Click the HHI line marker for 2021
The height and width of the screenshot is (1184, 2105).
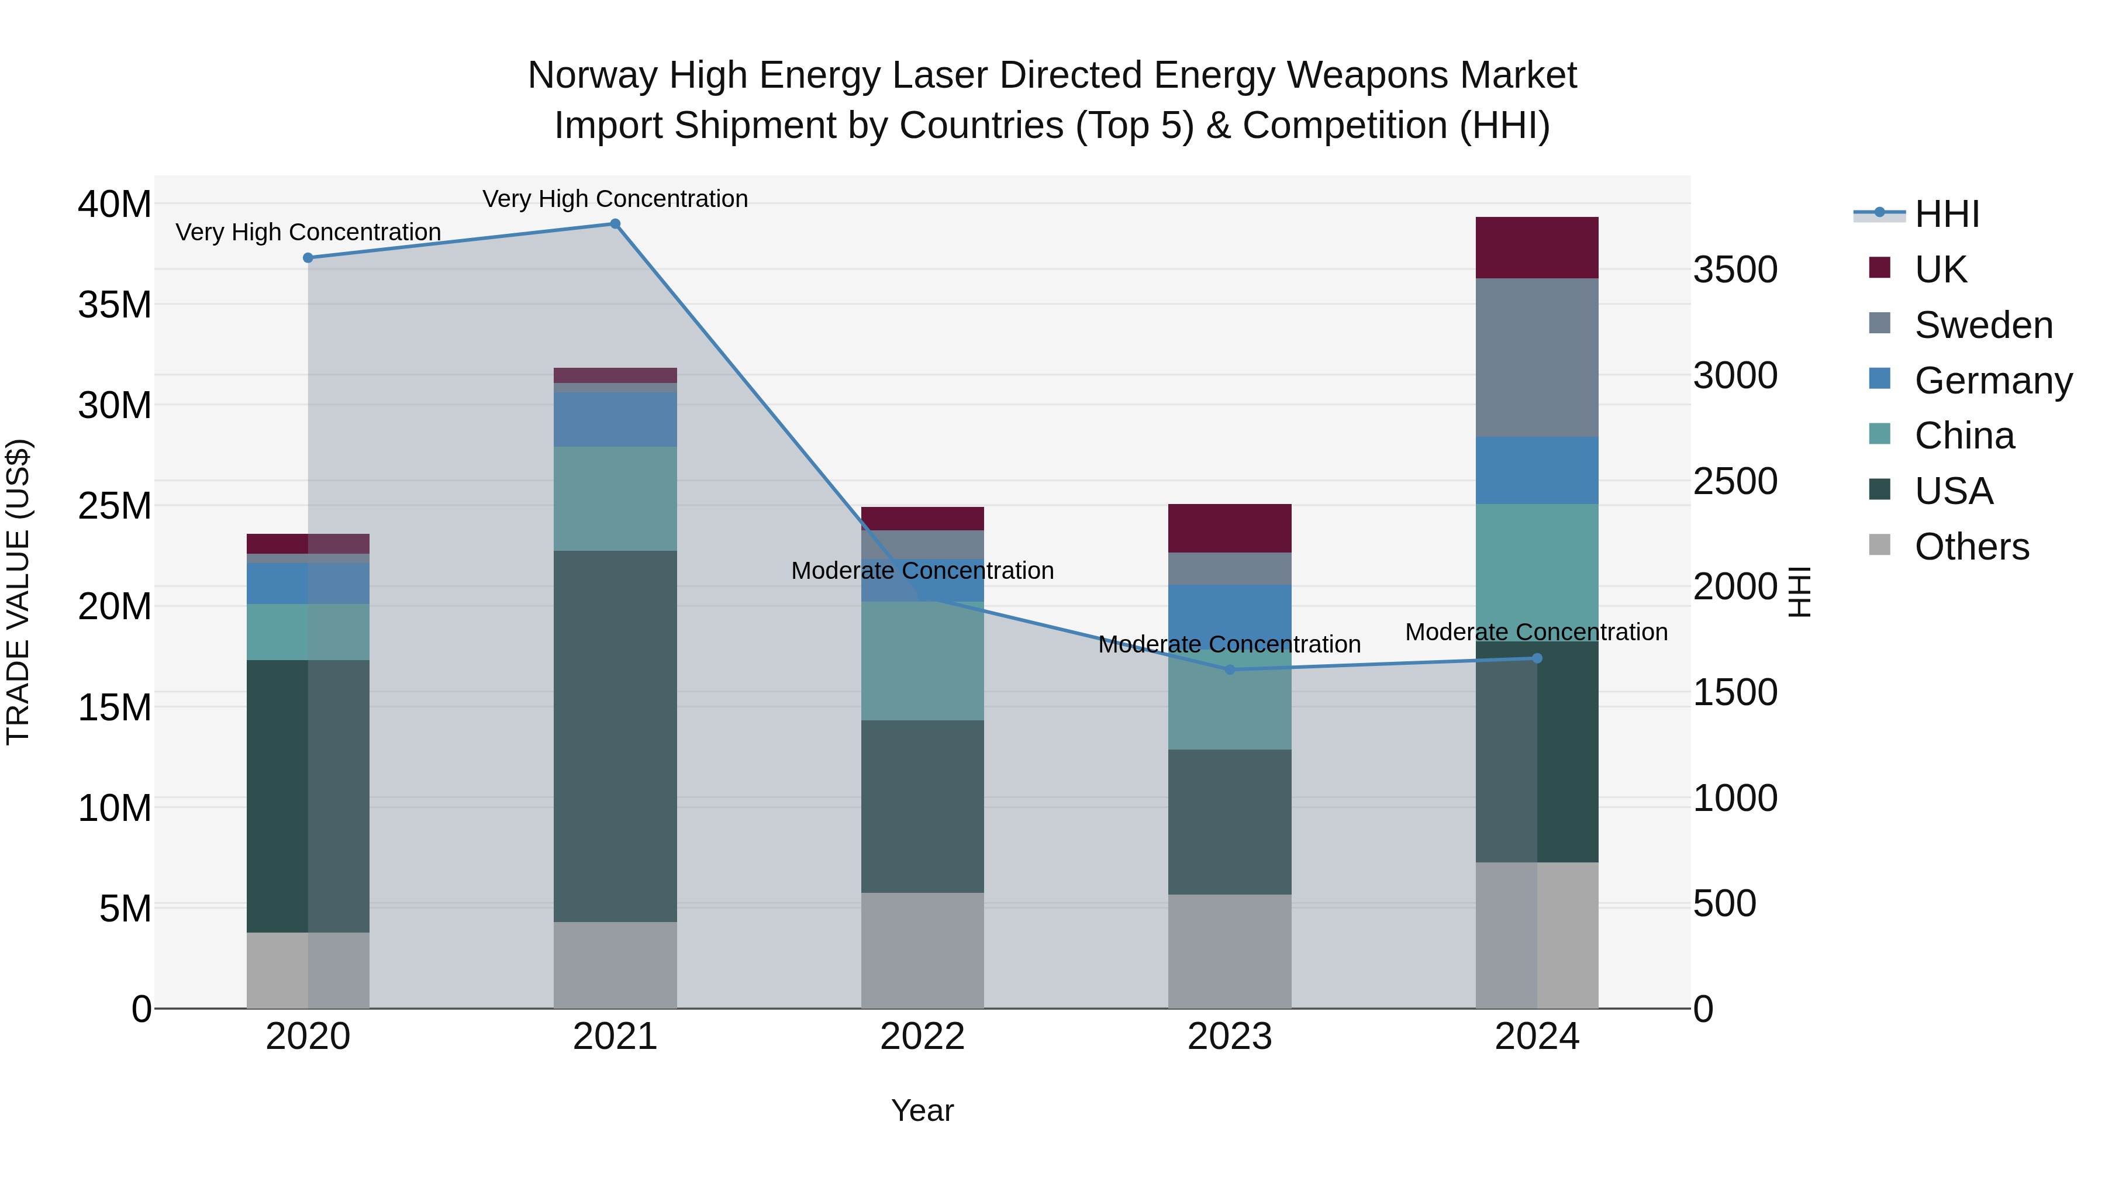tap(615, 224)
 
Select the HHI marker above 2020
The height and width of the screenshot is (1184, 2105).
tap(308, 258)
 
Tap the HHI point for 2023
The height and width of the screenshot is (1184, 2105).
tap(1230, 670)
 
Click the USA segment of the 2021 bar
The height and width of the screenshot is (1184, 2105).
tap(615, 736)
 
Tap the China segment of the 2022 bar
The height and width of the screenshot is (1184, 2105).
tap(923, 662)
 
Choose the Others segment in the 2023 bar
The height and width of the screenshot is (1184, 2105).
tap(1230, 952)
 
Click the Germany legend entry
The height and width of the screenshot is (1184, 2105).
tap(1992, 381)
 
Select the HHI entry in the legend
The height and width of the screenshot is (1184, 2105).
tap(1947, 214)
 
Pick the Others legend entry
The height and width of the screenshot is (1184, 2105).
tap(1971, 547)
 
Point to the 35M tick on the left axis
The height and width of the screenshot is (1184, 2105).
tap(115, 305)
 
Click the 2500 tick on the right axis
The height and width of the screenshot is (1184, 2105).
tap(1735, 481)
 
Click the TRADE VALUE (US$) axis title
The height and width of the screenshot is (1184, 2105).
tap(18, 592)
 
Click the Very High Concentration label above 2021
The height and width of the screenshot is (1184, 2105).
tap(615, 199)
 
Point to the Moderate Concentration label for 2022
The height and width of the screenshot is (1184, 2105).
tap(923, 570)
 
